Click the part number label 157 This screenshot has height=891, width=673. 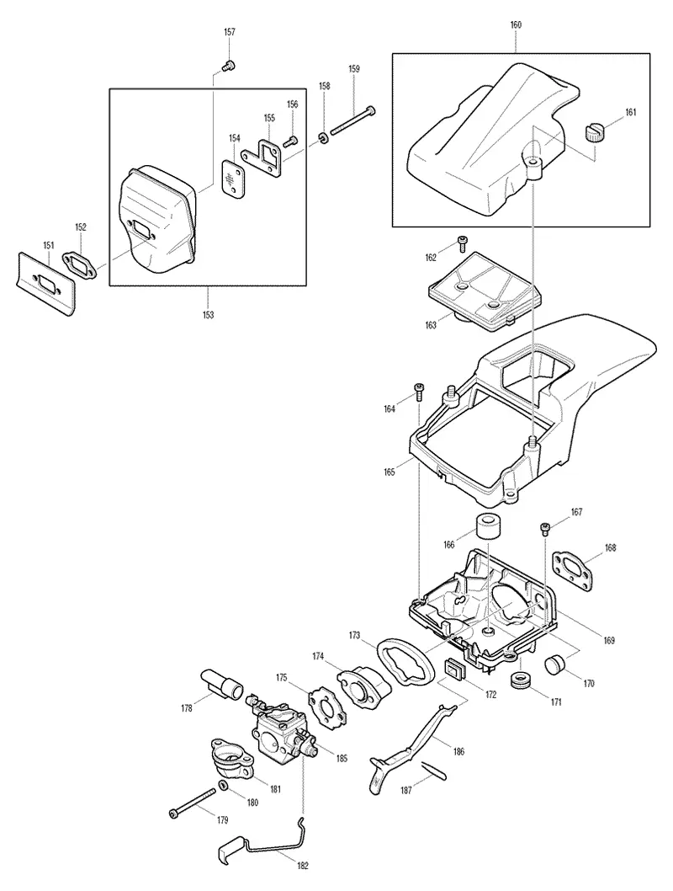(230, 32)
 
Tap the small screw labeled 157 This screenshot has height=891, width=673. (230, 66)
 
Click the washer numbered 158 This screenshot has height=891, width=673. (324, 137)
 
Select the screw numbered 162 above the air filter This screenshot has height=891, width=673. (463, 243)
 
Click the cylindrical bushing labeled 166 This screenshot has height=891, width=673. (489, 526)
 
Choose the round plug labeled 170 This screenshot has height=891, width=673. (556, 664)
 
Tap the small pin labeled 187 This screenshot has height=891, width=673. (435, 771)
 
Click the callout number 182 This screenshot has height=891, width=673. (303, 866)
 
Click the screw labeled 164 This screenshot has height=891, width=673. (417, 391)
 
